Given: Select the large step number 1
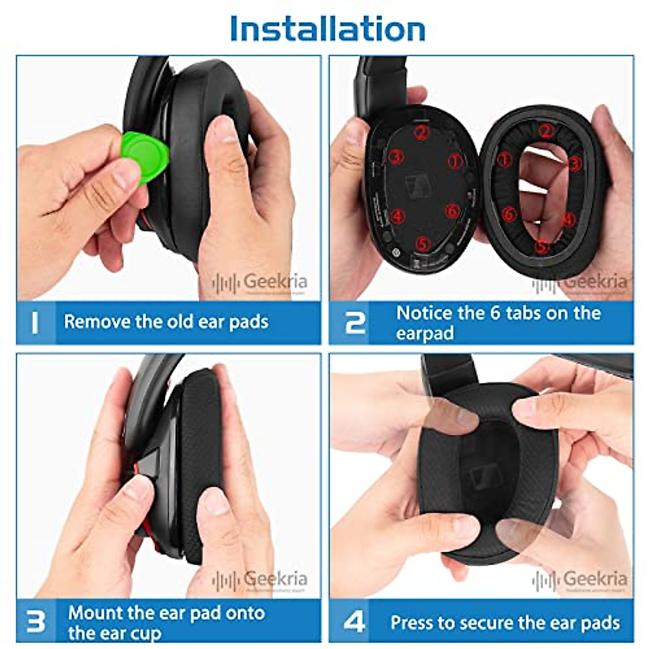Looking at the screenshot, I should click(35, 322).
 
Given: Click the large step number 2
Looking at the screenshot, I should click(355, 322).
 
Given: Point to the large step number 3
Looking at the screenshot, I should click(36, 622).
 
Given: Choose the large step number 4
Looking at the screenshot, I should click(354, 622).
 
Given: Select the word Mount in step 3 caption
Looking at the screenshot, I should click(95, 613).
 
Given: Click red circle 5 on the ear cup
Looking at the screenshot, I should click(422, 244).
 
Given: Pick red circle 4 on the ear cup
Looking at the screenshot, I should click(397, 216).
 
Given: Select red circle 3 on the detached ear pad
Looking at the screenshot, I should click(574, 163).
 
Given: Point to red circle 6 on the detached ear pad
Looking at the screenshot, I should click(508, 215).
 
